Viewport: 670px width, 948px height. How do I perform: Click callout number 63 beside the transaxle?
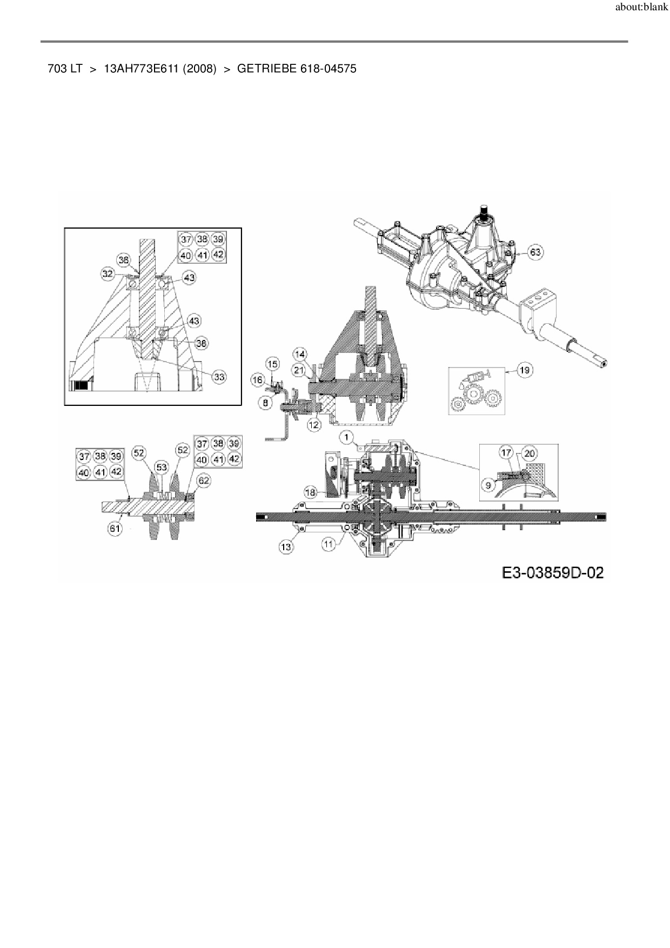pyautogui.click(x=535, y=252)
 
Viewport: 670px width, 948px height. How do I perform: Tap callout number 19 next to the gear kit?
pyautogui.click(x=524, y=370)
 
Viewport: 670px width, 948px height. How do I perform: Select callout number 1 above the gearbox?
pyautogui.click(x=346, y=437)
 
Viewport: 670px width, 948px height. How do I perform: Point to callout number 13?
pyautogui.click(x=286, y=546)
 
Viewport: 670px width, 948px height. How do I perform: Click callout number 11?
pyautogui.click(x=329, y=544)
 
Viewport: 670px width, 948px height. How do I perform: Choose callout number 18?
pyautogui.click(x=310, y=492)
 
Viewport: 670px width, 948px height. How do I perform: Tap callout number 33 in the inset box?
pyautogui.click(x=219, y=377)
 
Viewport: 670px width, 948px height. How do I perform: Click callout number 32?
pyautogui.click(x=108, y=274)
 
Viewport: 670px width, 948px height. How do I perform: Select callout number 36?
pyautogui.click(x=124, y=260)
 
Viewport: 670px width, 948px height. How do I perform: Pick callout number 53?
pyautogui.click(x=161, y=466)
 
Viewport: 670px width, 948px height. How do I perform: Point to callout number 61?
pyautogui.click(x=115, y=528)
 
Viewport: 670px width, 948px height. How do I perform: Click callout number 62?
pyautogui.click(x=203, y=480)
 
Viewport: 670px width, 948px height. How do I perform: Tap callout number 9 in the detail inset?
pyautogui.click(x=488, y=485)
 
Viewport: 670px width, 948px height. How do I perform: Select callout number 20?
pyautogui.click(x=529, y=453)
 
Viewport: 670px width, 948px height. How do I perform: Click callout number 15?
pyautogui.click(x=272, y=364)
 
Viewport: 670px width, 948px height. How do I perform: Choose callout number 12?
pyautogui.click(x=314, y=425)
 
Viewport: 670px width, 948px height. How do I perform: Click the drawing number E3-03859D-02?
pyautogui.click(x=552, y=572)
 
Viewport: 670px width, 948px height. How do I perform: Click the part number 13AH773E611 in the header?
pyautogui.click(x=142, y=69)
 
